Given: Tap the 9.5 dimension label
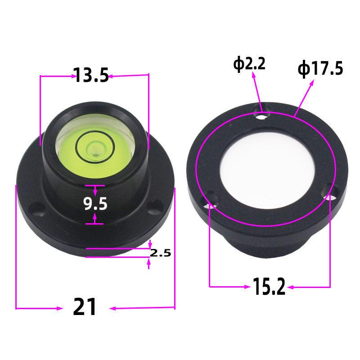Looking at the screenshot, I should tap(95, 204).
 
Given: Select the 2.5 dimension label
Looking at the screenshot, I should tap(160, 253).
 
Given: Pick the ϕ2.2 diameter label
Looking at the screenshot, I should tap(249, 64).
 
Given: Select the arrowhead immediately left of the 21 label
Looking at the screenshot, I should tap(59, 308).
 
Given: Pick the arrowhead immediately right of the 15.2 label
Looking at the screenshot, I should tap(291, 286).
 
